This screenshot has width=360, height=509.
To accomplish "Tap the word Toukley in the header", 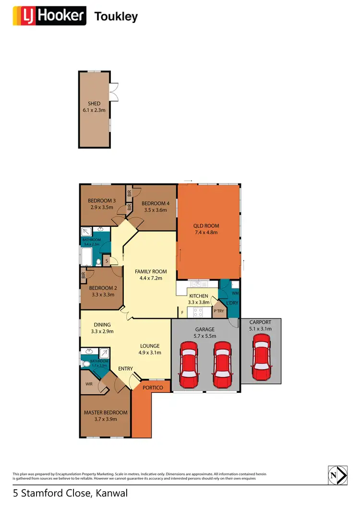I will click(x=116, y=17).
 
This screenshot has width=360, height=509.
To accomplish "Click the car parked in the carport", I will click(x=261, y=357).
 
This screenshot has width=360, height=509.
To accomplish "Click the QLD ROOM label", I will click(x=207, y=226).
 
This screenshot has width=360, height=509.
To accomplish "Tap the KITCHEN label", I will click(x=199, y=296).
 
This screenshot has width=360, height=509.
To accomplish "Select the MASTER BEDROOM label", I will click(x=106, y=413).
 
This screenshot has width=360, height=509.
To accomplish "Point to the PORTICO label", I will click(x=153, y=388).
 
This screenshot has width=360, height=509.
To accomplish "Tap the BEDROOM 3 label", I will click(x=102, y=201).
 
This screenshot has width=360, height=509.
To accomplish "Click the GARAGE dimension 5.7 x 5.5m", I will click(x=204, y=336).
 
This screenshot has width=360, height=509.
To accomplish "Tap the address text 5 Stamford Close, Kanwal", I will click(x=70, y=493).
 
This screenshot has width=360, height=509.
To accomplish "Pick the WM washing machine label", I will click(x=235, y=293).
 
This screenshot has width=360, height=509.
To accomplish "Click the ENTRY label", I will click(x=126, y=368).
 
